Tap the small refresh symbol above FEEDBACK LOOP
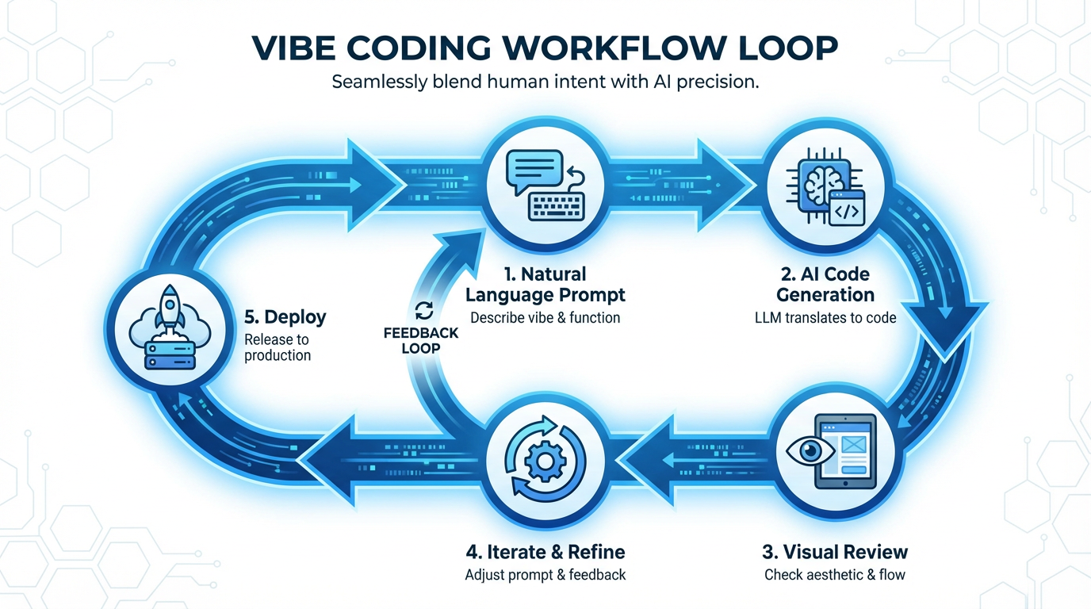point(423,310)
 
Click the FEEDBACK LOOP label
point(421,340)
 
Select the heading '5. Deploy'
point(285,317)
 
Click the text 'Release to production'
point(277,347)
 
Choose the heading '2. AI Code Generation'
point(825,285)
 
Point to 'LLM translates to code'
point(825,318)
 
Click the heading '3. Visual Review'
point(834,552)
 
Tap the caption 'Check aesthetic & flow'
point(834,575)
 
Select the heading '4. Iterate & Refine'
point(545,552)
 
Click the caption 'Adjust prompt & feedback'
point(545,575)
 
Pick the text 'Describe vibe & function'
point(545,317)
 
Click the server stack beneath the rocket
point(170,354)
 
